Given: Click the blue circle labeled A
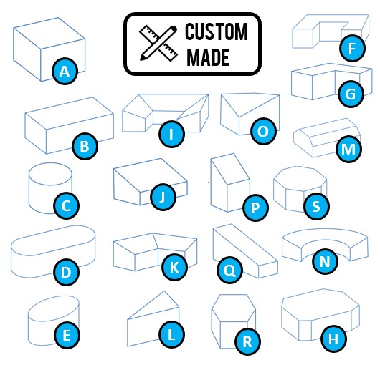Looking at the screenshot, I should [65, 71].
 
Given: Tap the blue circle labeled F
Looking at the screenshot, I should [351, 49].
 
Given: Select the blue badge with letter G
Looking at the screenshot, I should [350, 93].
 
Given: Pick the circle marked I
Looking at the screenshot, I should [171, 133].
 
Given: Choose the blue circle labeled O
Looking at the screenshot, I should [262, 132].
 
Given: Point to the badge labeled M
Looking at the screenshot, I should [348, 150].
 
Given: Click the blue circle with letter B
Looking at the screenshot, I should [85, 148].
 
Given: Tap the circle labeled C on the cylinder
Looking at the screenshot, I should [65, 207].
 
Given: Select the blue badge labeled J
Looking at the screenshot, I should [163, 198].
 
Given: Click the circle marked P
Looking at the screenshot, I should [255, 209].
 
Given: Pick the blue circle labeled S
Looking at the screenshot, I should [315, 207].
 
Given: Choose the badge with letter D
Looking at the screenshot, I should [66, 272].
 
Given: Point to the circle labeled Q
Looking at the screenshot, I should [229, 271].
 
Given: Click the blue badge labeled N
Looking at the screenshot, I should [325, 262].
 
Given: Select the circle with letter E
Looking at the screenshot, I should [66, 333].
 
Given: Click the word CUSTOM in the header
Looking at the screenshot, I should [217, 33].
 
